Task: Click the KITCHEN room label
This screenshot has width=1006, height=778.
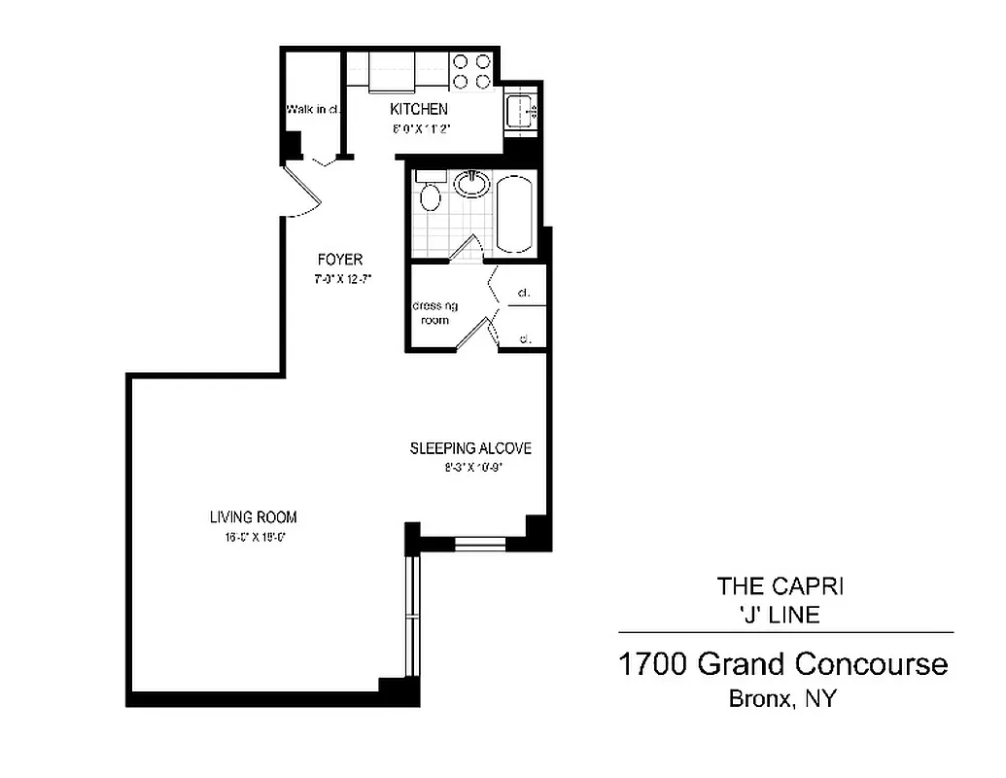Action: tap(419, 109)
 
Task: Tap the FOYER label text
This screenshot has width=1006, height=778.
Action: tap(340, 260)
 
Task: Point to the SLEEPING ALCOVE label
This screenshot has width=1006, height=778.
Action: tap(470, 448)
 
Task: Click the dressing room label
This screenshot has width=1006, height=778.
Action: tap(434, 312)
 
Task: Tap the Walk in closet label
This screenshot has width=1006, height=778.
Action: tap(311, 110)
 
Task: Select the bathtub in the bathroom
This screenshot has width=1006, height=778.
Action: tap(515, 213)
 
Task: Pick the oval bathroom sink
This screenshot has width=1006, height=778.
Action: tap(472, 184)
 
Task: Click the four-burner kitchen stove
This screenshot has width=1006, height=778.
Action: tap(470, 71)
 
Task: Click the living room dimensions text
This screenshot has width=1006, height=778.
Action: tap(253, 537)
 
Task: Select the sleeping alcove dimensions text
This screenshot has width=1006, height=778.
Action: tap(471, 467)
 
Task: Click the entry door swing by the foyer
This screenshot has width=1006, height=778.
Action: tap(300, 193)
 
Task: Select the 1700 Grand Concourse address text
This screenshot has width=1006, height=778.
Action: tap(782, 665)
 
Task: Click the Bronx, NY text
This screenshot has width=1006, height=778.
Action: tap(782, 698)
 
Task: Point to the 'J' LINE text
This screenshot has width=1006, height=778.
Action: tap(781, 615)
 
